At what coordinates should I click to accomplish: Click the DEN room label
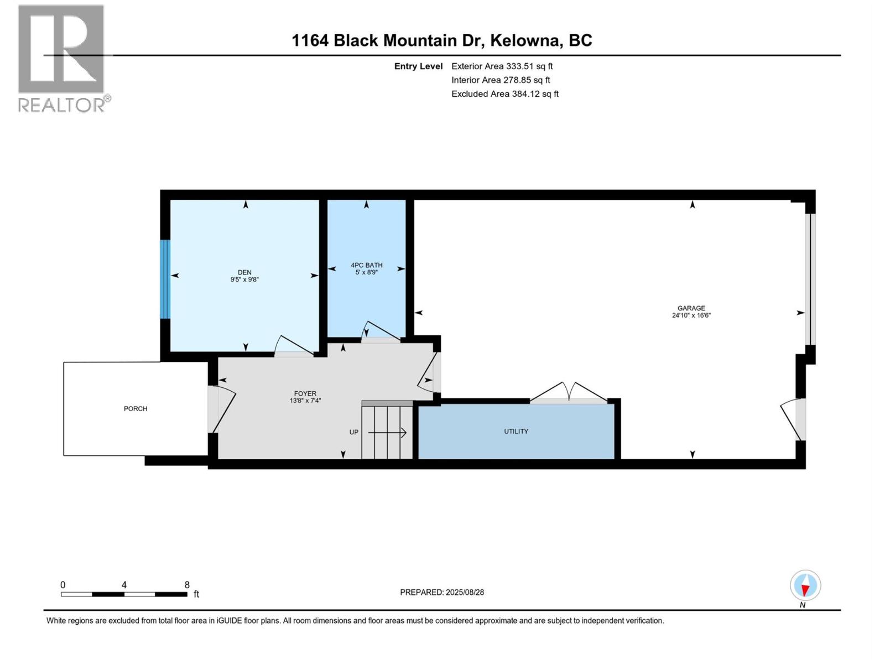[x=244, y=272]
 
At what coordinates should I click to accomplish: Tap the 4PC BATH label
[x=366, y=265]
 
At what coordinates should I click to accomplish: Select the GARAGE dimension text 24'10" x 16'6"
[x=691, y=315]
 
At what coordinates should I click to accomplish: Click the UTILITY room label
[x=516, y=431]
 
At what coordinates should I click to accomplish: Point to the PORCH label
[x=136, y=408]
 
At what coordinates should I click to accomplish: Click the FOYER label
[x=305, y=393]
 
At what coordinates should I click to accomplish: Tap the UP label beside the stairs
[x=353, y=432]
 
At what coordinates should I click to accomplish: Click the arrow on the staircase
[x=388, y=432]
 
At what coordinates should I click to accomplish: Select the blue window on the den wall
[x=165, y=279]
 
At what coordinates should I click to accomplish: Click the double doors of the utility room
[x=569, y=392]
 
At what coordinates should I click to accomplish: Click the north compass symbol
[x=805, y=586]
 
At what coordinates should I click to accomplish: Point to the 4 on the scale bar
[x=124, y=585]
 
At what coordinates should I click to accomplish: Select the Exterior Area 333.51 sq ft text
[x=502, y=66]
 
